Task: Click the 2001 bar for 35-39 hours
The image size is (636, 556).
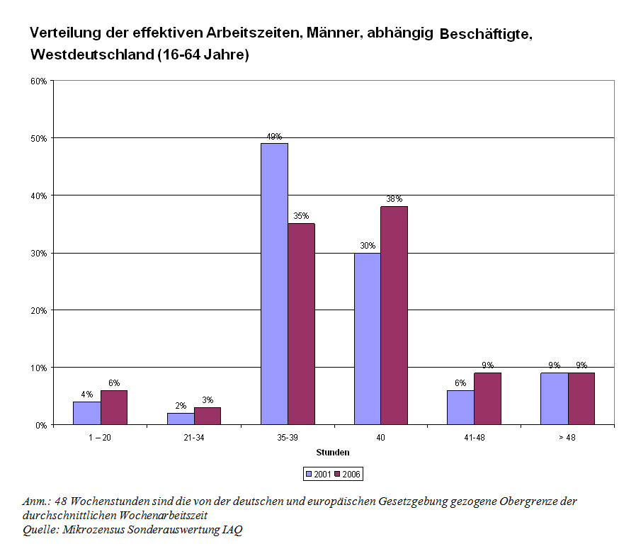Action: coord(274,283)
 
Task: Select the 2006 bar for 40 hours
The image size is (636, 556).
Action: coord(394,315)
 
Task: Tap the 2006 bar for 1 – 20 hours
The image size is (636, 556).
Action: coord(114,407)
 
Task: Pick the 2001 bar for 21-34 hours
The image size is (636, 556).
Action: coord(181,419)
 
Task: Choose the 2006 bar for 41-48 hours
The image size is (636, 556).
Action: coord(487,399)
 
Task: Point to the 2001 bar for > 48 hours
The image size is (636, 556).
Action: coord(554,399)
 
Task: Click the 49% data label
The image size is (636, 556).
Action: coord(274,137)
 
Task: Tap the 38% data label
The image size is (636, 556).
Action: coord(394,199)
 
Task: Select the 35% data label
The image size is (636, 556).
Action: coord(302,216)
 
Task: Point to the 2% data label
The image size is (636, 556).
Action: coord(181,406)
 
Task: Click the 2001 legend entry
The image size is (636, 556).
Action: coord(319,474)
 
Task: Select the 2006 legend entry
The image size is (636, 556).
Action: coord(348,474)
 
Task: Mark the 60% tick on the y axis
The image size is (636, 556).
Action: coord(38,81)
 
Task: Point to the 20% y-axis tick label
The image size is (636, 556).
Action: coord(38,310)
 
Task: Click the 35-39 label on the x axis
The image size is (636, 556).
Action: coord(288,438)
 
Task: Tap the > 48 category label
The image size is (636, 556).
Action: coord(567,438)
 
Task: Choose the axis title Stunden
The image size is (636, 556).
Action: coord(333,452)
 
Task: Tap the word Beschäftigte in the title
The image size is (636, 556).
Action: coord(484,34)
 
